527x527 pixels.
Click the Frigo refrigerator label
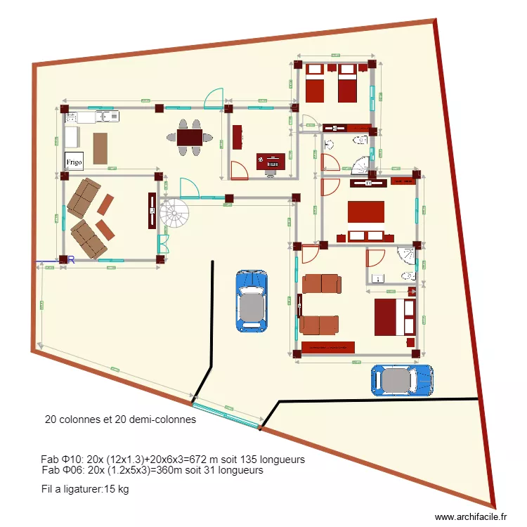click(74, 161)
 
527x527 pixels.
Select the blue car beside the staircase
click(252, 300)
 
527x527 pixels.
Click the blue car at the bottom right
click(402, 379)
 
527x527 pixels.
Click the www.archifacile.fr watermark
click(470, 516)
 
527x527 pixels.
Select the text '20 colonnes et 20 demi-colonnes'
click(120, 420)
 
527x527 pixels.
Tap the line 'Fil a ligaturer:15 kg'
click(85, 489)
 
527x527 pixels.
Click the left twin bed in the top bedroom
click(314, 82)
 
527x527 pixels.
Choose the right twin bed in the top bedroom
click(348, 82)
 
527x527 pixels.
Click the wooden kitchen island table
click(101, 148)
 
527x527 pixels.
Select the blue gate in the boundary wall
click(226, 414)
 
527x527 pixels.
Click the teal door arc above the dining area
click(214, 99)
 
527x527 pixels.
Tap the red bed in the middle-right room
click(366, 212)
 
